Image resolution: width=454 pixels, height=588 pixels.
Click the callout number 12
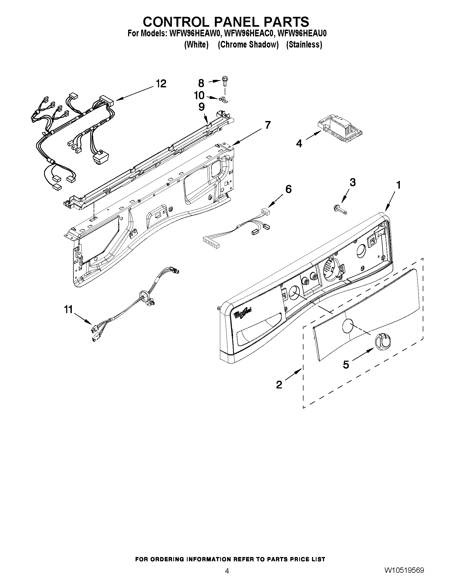point(161,84)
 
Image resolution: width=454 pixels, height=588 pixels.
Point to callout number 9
point(202,107)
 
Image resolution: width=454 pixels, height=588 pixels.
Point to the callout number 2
point(279,385)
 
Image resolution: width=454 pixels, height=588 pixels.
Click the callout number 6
point(288,189)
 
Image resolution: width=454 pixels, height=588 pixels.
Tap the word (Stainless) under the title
point(304,45)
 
